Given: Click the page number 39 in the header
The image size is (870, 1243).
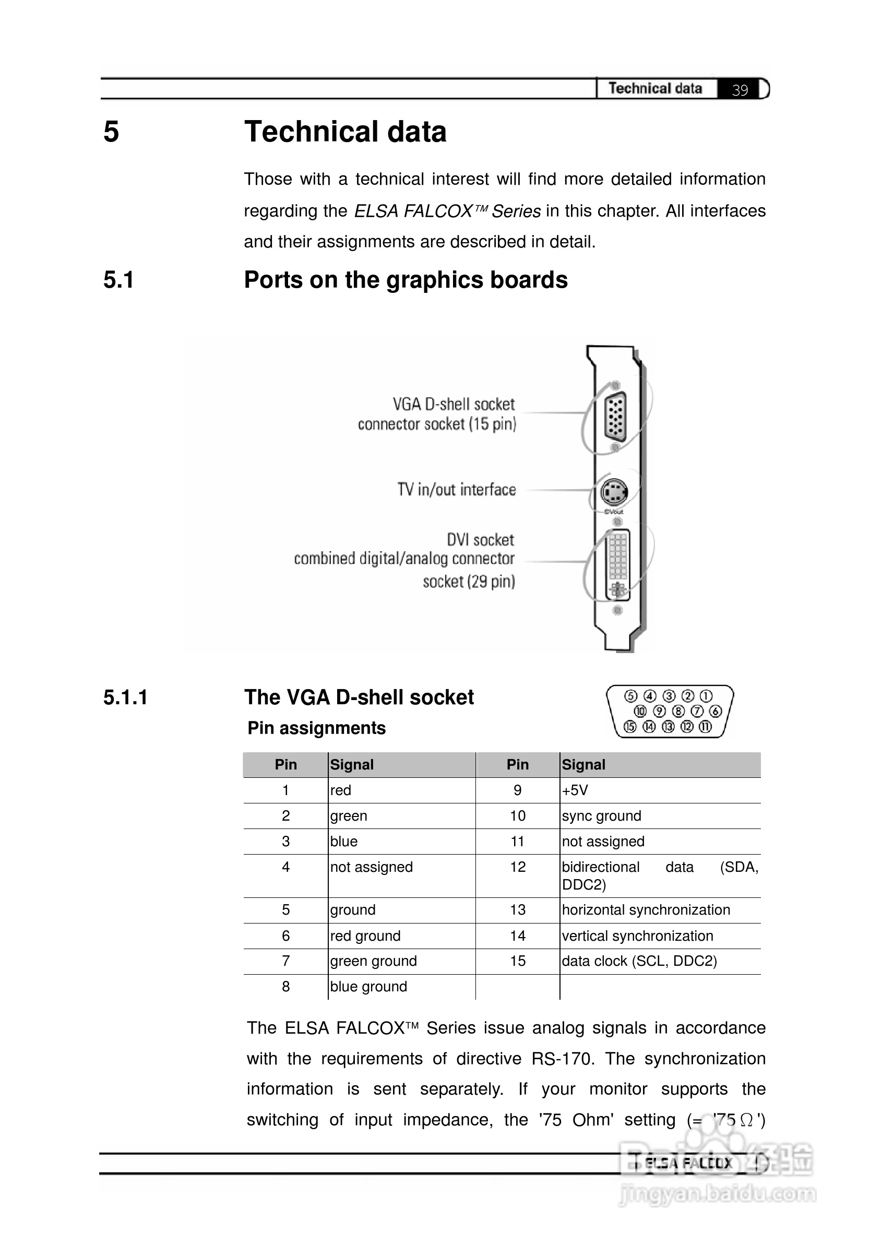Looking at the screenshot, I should pos(740,89).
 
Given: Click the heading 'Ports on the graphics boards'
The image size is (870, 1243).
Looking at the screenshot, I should pos(406,280).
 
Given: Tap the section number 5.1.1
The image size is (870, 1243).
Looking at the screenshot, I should pos(125,697).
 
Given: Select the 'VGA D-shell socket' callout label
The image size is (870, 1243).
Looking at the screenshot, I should pos(453,405).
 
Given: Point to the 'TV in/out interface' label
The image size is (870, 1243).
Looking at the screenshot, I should pos(456,489).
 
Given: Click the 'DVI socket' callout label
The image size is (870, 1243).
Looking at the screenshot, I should pos(480,540).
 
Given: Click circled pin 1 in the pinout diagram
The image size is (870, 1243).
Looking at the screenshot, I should pos(706,696).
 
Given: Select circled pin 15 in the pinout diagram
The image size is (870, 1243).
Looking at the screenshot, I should pos(629,727).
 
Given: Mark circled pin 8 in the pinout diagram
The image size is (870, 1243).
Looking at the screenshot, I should pos(678,711).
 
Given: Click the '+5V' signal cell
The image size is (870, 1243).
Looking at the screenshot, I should pos(575,790).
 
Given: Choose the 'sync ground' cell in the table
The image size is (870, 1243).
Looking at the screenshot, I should pos(601,816).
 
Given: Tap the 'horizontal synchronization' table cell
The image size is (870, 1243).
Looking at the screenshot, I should pos(646,910).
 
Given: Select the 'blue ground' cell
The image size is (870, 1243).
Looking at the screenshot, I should pos(368,986).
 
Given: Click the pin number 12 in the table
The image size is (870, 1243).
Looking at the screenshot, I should pos(518,867).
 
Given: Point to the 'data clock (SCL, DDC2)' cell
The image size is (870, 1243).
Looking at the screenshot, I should pos(639,961).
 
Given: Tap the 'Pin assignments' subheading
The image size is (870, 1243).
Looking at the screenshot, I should pos(317,728).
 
